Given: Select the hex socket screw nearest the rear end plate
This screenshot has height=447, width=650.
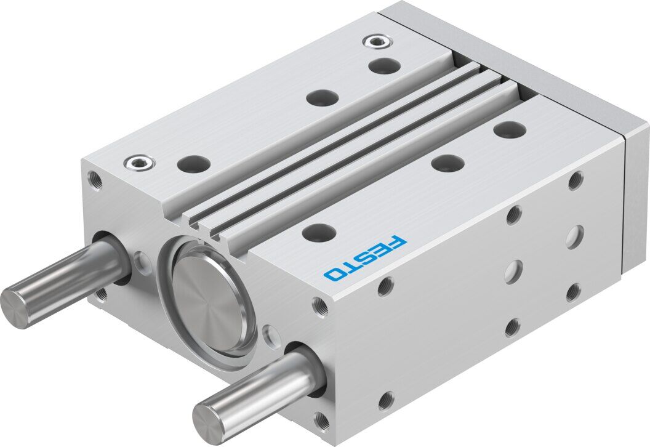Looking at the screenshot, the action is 377,41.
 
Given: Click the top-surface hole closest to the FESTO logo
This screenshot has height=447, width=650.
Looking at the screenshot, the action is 319,233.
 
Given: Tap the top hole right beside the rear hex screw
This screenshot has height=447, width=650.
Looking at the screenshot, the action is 385,65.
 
